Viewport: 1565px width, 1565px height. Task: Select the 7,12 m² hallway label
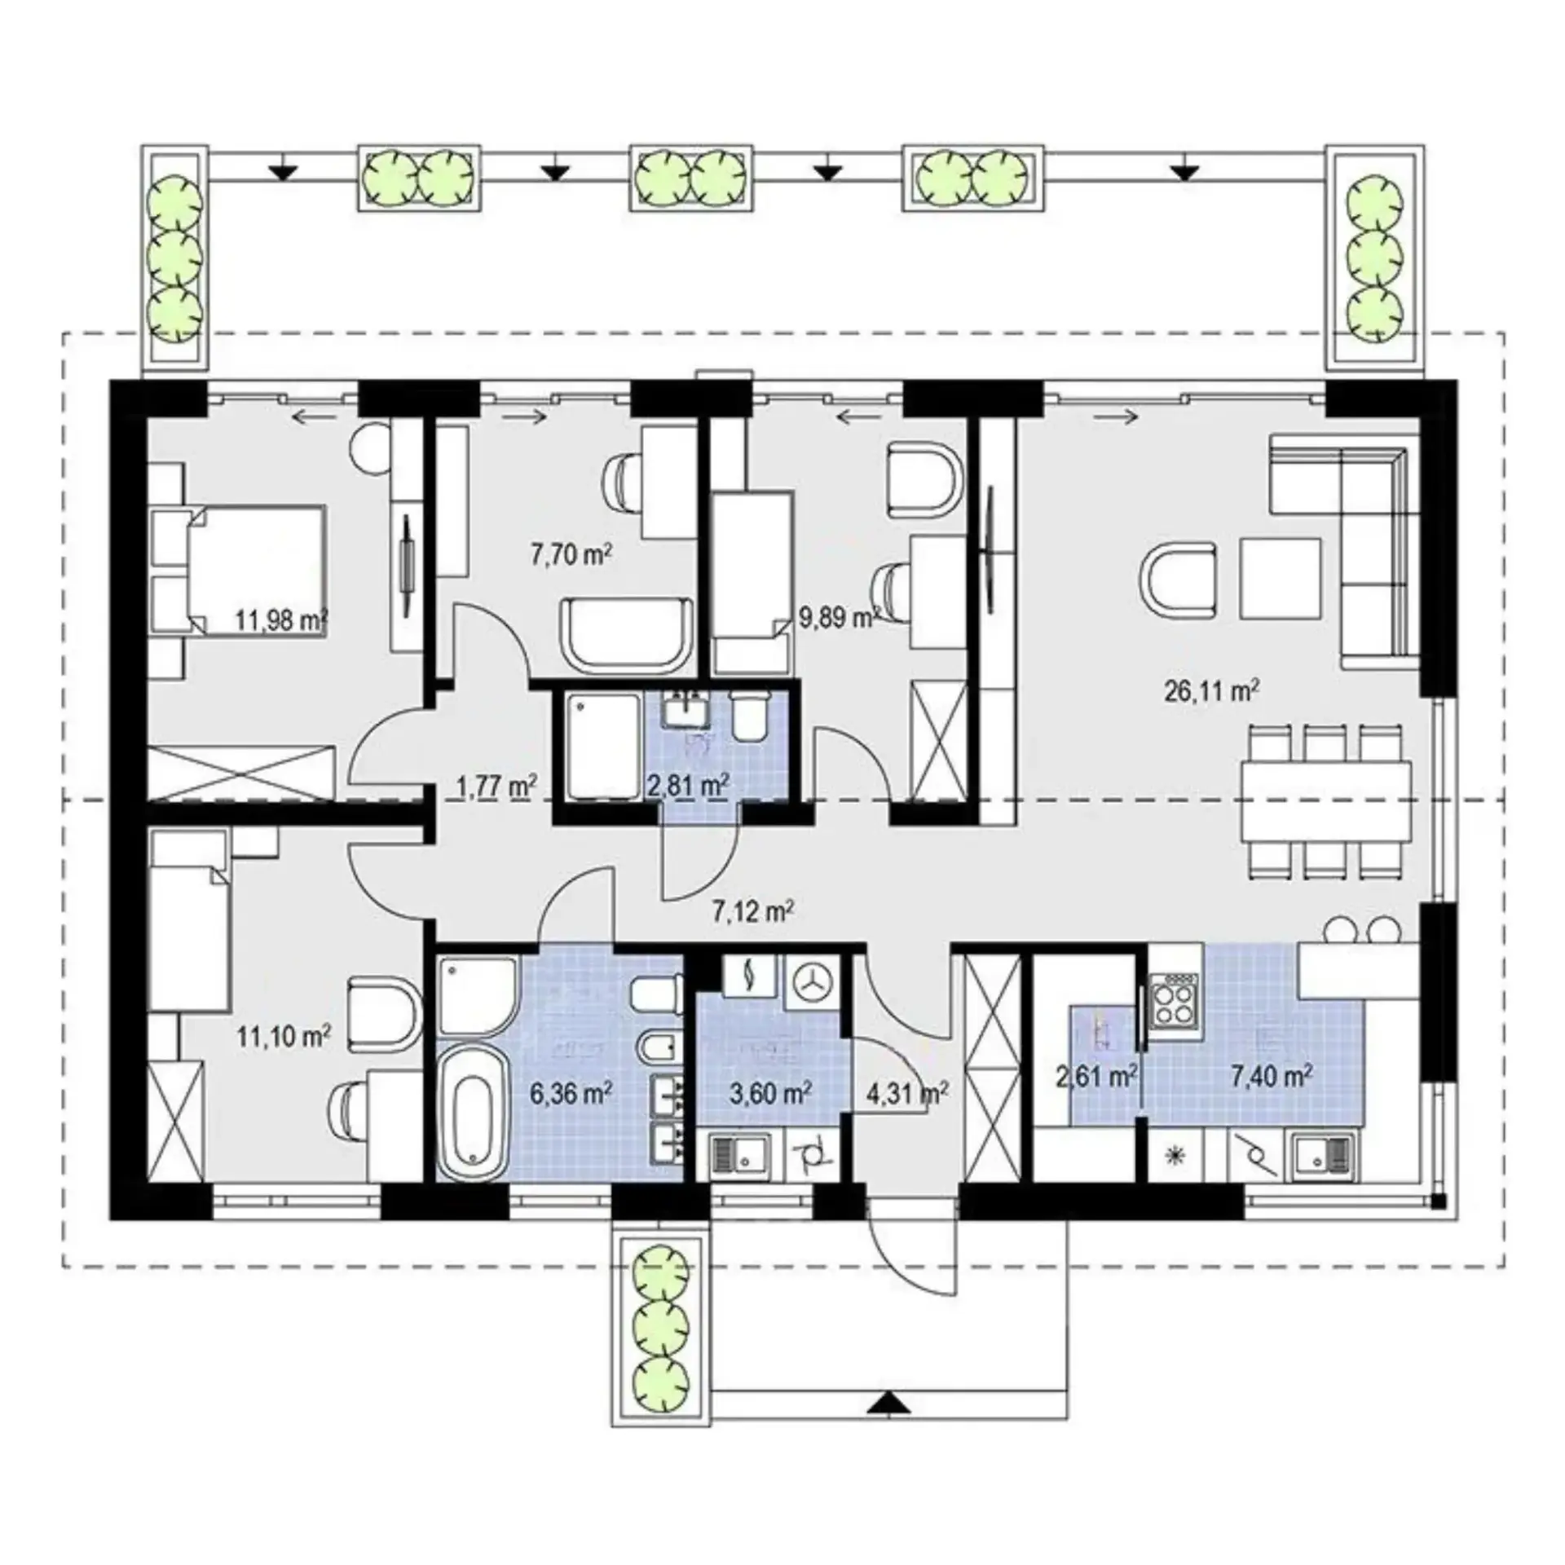(753, 910)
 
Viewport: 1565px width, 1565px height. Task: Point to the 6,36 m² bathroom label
(571, 1093)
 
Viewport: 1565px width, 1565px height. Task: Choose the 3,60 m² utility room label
(770, 1093)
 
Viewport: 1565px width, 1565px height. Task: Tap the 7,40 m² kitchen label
(1272, 1076)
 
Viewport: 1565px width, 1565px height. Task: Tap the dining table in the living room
(1328, 803)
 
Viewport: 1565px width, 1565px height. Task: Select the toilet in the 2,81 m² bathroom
(750, 716)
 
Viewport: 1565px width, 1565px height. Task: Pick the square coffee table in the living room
(1281, 579)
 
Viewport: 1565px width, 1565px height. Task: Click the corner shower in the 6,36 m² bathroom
(477, 995)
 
